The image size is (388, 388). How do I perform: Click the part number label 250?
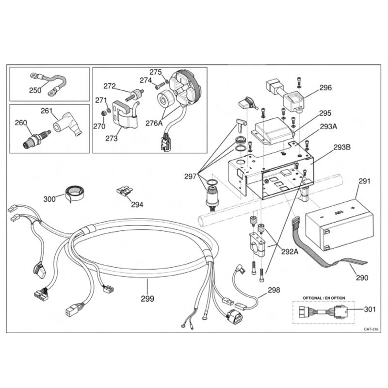coord(35,90)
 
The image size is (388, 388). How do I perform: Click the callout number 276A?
coord(154,123)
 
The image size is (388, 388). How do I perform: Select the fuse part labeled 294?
coord(125,191)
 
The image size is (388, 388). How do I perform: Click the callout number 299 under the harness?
coord(147,299)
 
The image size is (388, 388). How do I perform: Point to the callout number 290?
coord(362,277)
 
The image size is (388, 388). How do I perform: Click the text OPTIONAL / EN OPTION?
coord(324,298)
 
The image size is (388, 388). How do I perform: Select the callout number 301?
coord(370,309)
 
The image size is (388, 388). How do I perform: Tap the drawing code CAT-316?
coord(371,329)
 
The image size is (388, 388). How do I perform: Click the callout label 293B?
coord(342,147)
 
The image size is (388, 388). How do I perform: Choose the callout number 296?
coord(325,88)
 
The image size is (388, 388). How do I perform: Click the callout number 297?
coord(190,176)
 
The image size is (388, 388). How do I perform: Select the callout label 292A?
coord(290,251)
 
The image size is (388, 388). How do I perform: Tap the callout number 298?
coord(274,290)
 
